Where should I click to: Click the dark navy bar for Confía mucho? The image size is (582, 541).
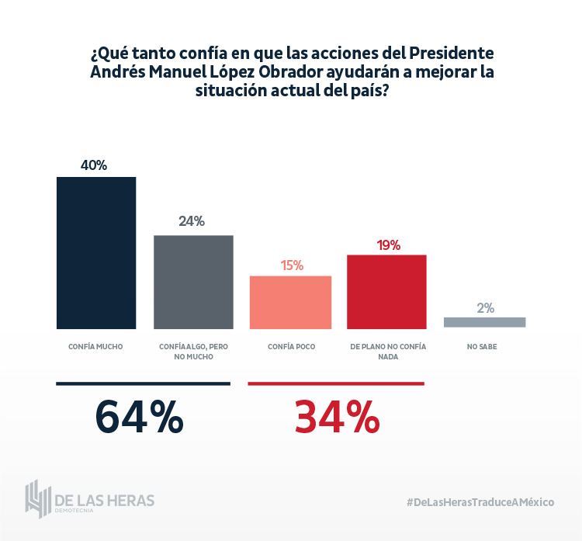(x=96, y=253)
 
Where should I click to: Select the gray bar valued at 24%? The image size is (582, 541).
(x=193, y=282)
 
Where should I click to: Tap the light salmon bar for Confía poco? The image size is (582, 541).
(x=290, y=302)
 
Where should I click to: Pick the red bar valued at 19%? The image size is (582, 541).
(x=386, y=292)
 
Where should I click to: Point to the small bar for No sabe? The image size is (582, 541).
(x=485, y=322)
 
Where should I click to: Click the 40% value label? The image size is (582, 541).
(x=94, y=165)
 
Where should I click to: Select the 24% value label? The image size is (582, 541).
(x=192, y=221)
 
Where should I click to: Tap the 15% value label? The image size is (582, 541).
(x=292, y=265)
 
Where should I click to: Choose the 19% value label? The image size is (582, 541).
(x=388, y=245)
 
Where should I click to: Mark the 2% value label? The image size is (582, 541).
(x=486, y=307)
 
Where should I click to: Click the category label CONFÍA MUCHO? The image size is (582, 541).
(x=95, y=346)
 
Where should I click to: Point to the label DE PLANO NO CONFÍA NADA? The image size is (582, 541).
(x=388, y=352)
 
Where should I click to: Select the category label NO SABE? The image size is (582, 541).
(x=482, y=346)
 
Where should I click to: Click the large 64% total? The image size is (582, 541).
(x=140, y=418)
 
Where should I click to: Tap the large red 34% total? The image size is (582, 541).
(x=337, y=418)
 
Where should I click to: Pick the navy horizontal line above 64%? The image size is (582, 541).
(x=144, y=383)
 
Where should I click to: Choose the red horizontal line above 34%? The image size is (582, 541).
(x=335, y=383)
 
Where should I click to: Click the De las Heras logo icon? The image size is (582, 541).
(x=37, y=499)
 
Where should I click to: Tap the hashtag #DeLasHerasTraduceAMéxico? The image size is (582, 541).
(x=480, y=502)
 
